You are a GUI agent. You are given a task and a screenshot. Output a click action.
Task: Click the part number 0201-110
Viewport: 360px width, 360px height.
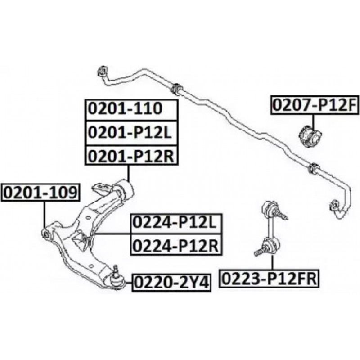click(126, 109)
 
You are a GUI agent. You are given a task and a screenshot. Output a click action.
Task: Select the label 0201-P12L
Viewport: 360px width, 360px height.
click(130, 132)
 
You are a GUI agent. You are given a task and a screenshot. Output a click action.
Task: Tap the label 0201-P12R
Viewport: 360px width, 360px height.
click(131, 156)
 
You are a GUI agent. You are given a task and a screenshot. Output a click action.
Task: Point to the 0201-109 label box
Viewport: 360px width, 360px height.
click(40, 193)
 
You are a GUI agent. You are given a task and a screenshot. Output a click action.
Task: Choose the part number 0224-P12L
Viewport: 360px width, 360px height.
click(175, 223)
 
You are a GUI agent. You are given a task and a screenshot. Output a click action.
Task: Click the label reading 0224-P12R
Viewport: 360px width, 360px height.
click(175, 246)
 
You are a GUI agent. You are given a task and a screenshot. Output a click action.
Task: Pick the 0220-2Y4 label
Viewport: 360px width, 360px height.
click(171, 283)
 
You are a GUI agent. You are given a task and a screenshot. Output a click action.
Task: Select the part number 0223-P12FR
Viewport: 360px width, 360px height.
click(269, 279)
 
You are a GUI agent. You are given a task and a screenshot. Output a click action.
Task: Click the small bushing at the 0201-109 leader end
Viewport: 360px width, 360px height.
click(46, 234)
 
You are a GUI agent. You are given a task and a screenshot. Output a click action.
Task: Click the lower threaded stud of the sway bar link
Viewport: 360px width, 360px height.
click(261, 251)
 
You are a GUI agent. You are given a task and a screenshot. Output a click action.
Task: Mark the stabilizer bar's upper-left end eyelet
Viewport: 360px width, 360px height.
click(103, 71)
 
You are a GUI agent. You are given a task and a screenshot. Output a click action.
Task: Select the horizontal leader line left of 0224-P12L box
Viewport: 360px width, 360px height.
click(112, 234)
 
